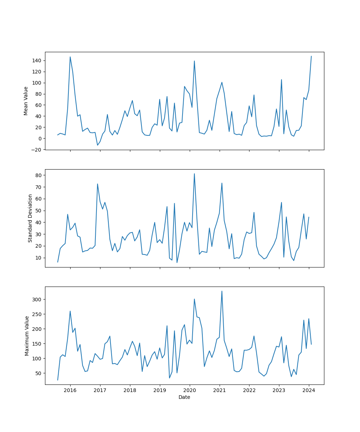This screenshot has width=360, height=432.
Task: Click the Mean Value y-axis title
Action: click(x=26, y=101)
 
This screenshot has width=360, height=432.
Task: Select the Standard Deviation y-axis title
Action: click(x=30, y=218)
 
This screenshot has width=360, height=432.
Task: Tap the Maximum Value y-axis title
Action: click(x=27, y=336)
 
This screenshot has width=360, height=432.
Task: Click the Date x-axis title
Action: click(x=184, y=397)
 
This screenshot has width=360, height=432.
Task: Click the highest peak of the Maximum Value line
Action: click(x=222, y=291)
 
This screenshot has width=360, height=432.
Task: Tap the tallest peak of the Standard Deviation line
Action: click(x=194, y=174)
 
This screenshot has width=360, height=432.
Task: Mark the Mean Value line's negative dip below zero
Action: click(x=97, y=145)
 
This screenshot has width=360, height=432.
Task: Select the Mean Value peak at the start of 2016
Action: click(x=70, y=57)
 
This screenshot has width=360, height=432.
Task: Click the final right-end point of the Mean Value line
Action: click(x=311, y=56)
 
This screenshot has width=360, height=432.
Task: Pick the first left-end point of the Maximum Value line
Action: click(x=58, y=380)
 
